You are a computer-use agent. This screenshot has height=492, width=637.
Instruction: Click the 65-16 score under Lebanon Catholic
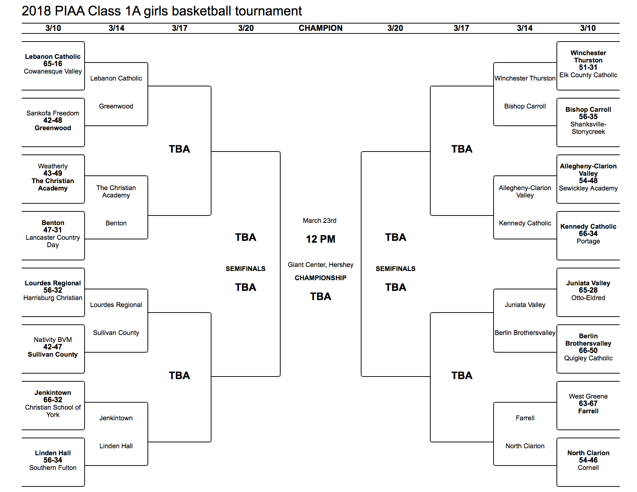53,64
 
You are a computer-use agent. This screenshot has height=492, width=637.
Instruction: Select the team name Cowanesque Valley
53,71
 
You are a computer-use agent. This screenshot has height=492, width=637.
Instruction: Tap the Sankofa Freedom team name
53,113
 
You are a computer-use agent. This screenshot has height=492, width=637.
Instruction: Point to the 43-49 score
53,173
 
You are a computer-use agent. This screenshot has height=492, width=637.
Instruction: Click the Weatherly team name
53,166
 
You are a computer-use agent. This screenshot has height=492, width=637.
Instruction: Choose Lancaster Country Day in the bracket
53,241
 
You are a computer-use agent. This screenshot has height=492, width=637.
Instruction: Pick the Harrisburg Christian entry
53,298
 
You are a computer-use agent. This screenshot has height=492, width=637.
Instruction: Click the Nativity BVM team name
53,340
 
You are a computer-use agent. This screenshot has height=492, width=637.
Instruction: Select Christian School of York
53,411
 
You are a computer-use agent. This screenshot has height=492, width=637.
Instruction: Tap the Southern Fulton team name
53,468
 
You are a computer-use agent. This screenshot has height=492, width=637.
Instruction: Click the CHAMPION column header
320,28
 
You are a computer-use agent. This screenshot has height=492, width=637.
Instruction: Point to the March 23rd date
320,221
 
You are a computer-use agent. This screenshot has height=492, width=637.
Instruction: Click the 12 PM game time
320,239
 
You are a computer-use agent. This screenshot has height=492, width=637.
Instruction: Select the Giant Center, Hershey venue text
320,265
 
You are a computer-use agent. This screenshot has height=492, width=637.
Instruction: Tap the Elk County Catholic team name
588,75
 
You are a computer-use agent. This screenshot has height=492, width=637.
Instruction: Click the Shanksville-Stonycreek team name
588,128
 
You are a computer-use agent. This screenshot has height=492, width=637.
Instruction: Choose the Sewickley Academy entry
588,188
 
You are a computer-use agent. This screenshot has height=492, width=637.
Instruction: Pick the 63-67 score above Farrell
588,403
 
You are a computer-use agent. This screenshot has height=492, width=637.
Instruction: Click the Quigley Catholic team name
588,358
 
